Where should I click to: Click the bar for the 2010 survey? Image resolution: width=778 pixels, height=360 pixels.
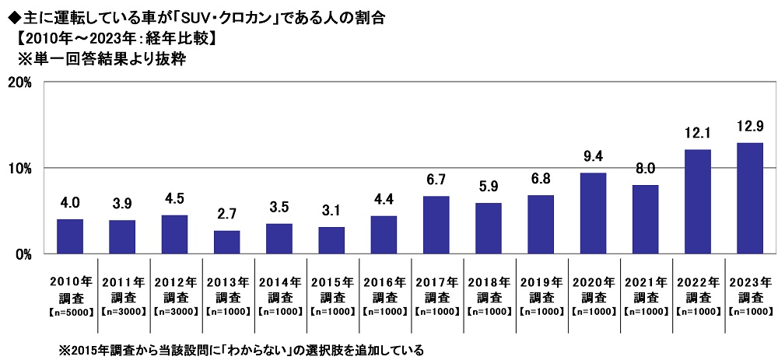coord(70,236)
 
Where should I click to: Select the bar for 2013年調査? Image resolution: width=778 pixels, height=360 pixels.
coord(226,242)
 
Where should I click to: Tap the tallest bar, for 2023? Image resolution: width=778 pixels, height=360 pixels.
coord(749,198)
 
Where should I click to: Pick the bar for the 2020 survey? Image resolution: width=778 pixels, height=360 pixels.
coord(593,213)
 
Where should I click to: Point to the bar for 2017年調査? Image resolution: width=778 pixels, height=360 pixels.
coord(436,225)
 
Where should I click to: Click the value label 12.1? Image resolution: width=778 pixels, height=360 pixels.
coord(697,134)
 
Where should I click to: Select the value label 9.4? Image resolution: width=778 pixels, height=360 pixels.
coord(593,157)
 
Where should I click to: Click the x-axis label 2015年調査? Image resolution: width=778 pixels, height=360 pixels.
coord(331,289)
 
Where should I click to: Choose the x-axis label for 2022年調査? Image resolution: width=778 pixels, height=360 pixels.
coord(697,289)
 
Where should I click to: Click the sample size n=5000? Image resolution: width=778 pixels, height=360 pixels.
coord(70,312)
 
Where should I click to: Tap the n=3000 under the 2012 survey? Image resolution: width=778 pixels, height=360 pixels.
coord(174,312)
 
